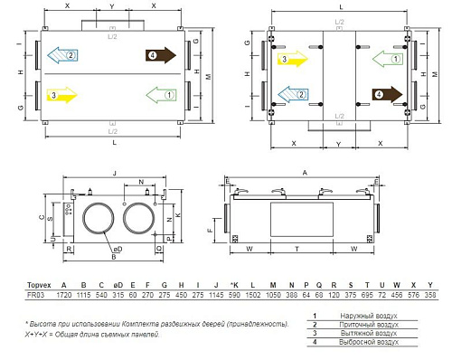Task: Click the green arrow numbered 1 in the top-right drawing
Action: click(x=391, y=59)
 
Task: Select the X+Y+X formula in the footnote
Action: click(x=40, y=335)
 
